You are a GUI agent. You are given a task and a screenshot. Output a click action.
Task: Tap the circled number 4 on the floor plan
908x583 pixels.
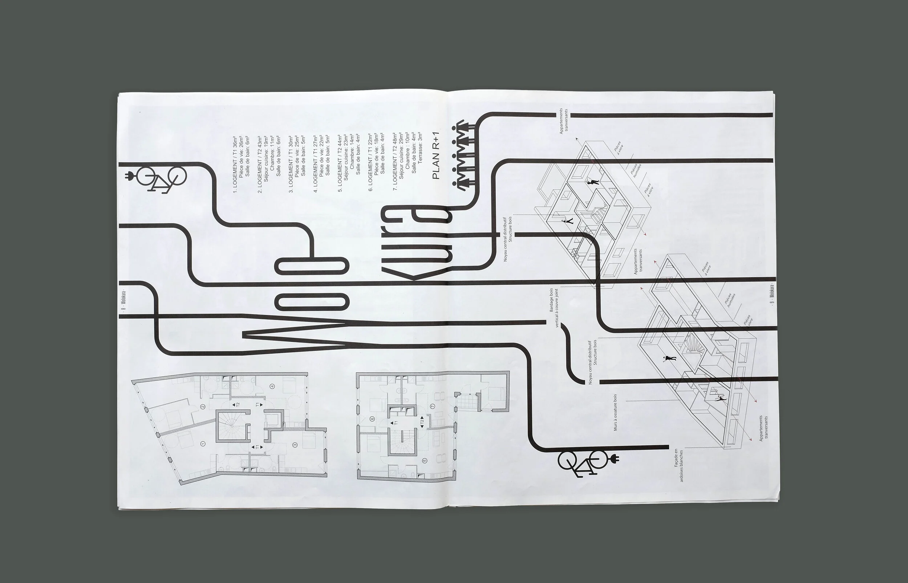(272, 386)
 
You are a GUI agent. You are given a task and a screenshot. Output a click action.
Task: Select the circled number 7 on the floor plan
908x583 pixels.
(433, 406)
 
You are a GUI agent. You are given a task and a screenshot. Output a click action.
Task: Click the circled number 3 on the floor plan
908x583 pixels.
(295, 445)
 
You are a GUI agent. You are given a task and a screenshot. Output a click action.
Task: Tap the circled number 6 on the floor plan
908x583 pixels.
(372, 419)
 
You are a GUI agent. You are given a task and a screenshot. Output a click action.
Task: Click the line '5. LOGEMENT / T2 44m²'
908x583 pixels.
(340, 163)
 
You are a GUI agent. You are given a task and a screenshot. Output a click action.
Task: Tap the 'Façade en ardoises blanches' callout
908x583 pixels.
(678, 466)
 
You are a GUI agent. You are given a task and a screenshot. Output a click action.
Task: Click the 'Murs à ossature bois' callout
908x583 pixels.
(615, 411)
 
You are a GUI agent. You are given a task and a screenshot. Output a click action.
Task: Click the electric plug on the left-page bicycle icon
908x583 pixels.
(129, 176)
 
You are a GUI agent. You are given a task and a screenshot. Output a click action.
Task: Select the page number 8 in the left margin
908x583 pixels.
(123, 311)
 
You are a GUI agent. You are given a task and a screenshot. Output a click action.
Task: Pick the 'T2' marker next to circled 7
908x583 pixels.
(422, 421)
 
